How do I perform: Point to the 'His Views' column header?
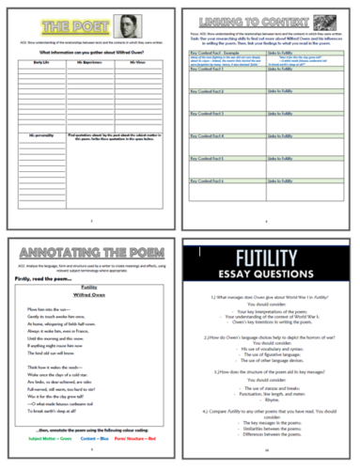137,67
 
